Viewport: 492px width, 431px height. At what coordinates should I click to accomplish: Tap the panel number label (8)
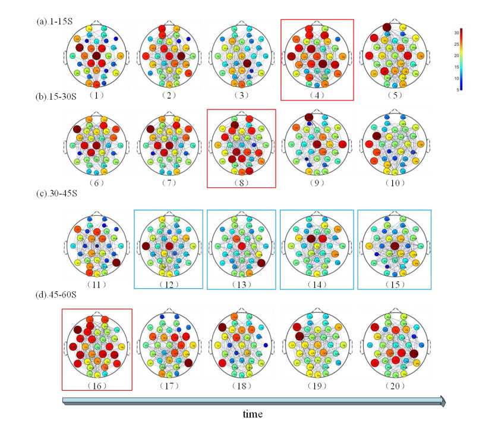click(x=244, y=183)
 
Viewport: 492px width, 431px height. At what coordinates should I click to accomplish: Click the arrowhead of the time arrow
click(x=441, y=401)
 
